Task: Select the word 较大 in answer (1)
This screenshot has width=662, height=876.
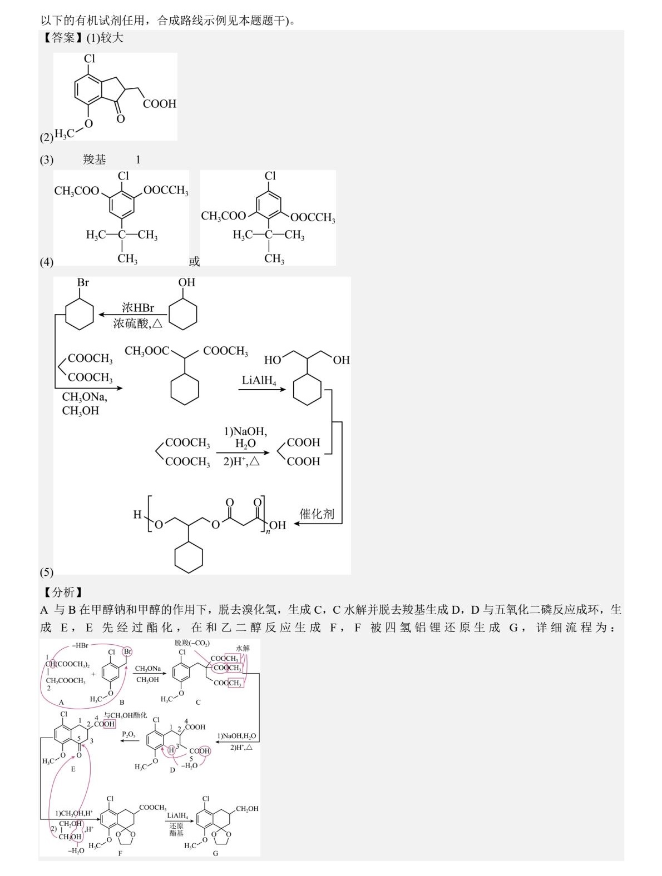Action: [x=112, y=38]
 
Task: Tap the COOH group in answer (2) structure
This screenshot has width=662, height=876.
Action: [x=160, y=104]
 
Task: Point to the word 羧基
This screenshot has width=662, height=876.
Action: [x=95, y=160]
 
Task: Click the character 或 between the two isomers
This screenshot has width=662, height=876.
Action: [x=194, y=261]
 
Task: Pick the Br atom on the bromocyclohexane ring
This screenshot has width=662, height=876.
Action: [x=83, y=282]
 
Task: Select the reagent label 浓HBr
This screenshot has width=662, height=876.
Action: [x=138, y=308]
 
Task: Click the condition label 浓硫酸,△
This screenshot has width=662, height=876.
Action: [x=138, y=323]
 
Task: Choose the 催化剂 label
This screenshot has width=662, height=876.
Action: [x=317, y=514]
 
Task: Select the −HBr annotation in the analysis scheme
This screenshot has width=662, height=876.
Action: [x=80, y=645]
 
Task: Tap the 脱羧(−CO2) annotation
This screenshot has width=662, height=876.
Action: [x=192, y=643]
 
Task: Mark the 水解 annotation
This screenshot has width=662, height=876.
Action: [x=243, y=648]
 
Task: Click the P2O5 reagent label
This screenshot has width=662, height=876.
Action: [x=129, y=734]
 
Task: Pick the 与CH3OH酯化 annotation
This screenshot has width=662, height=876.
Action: [x=126, y=715]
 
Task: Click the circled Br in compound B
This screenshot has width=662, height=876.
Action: [x=128, y=651]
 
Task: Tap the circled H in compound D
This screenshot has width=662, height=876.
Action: [x=171, y=750]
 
